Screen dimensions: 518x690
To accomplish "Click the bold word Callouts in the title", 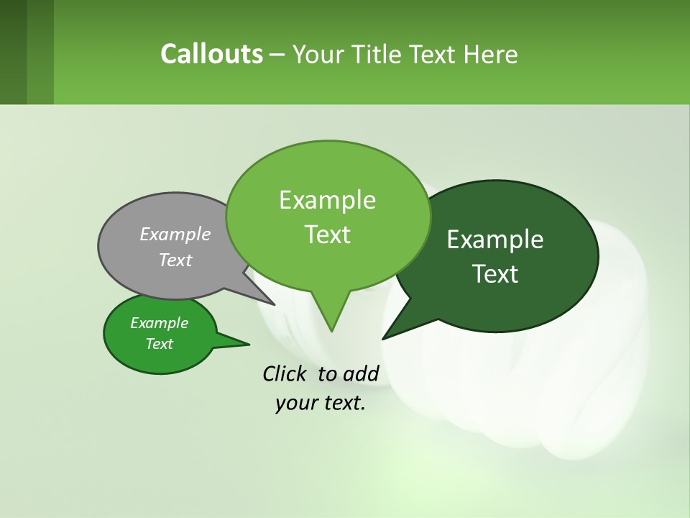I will point(211,54).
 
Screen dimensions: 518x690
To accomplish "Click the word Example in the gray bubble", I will point(175,234).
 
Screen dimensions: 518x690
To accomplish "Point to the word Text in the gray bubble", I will point(175,260).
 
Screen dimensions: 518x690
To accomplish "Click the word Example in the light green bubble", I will point(327,200).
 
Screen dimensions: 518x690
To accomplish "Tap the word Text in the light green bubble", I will point(327,235).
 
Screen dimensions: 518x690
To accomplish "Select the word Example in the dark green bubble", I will point(495,240).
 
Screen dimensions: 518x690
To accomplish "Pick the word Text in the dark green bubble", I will point(495,274).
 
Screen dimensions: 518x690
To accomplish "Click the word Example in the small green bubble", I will point(159,323).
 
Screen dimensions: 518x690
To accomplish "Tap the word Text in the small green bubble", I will point(159,344).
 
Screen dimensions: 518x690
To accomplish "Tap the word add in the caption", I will point(361,373).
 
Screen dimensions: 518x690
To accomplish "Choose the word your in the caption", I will point(295,403).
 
